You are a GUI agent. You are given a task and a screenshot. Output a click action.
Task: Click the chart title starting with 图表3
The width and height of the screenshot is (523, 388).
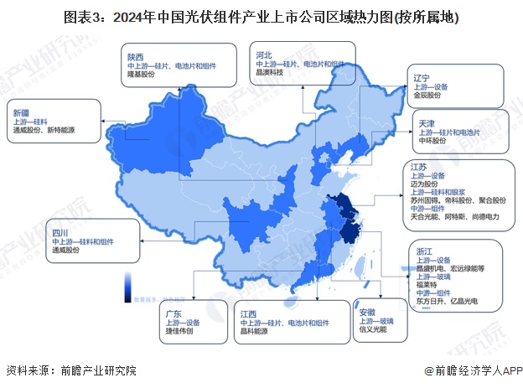pos(261,16)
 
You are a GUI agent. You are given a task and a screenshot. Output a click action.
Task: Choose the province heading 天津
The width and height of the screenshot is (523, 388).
pos(427,123)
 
